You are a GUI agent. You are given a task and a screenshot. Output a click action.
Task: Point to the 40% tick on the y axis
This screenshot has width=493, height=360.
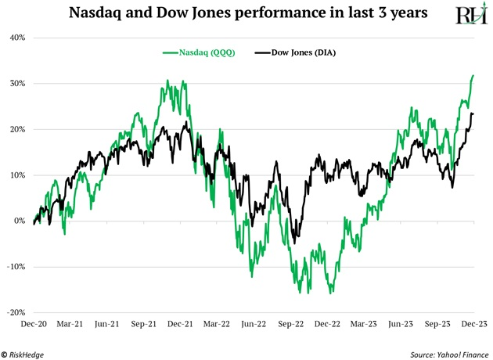pos(16,38)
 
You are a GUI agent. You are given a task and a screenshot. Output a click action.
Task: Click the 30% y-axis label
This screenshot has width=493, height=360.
pos(16,84)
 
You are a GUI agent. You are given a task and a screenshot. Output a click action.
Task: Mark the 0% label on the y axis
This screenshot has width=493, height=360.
pos(20,221)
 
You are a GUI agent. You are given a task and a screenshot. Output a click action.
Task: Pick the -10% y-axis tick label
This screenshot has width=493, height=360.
pos(16,266)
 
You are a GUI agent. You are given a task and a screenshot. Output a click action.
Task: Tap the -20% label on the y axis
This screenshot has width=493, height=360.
pos(16,312)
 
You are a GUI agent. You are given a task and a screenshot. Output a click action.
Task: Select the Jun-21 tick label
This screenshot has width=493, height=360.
pos(106,322)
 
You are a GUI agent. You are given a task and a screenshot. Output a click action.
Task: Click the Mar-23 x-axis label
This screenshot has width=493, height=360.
pos(365,322)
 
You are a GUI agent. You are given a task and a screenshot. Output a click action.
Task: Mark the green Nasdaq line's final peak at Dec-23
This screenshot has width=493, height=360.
pos(473,76)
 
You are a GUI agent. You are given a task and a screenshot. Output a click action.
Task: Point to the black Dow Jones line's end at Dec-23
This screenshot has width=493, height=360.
pos(473,114)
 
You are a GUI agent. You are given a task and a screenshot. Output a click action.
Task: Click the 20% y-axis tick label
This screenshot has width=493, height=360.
pos(16,129)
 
